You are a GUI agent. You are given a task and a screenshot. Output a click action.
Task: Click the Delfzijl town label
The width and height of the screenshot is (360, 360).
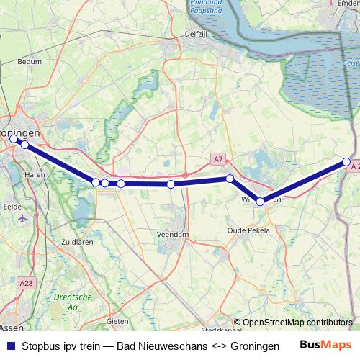tap(176, 33)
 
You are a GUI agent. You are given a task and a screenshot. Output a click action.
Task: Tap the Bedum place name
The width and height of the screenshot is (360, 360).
tap(30, 63)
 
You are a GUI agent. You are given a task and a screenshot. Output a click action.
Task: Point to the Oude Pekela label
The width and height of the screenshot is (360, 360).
tap(248, 230)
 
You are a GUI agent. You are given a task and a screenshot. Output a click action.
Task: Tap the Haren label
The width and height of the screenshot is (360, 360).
tap(35, 174)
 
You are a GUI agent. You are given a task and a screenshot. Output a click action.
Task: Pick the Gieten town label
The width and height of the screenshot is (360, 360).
tap(117, 320)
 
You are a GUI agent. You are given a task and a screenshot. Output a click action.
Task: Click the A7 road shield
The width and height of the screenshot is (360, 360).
tap(219, 158)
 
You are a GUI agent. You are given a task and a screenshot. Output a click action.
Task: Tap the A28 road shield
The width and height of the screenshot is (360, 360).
tap(27, 264)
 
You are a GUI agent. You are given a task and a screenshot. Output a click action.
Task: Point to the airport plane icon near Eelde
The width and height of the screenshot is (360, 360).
tap(22, 217)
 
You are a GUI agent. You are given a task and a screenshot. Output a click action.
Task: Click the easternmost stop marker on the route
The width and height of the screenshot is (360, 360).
tap(346, 162)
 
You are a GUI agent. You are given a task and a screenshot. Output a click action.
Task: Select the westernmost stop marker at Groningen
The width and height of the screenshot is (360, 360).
tap(14, 138)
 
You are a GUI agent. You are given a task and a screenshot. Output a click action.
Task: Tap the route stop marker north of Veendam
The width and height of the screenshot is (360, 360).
tap(171, 184)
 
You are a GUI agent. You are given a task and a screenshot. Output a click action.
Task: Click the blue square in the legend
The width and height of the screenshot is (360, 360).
tap(10, 346)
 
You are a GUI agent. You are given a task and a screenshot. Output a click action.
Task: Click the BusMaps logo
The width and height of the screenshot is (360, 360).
tap(325, 346)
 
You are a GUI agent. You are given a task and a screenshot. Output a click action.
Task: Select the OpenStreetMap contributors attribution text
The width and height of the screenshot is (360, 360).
tap(297, 323)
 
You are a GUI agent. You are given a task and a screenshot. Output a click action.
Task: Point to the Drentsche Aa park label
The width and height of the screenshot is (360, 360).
tap(73, 302)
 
